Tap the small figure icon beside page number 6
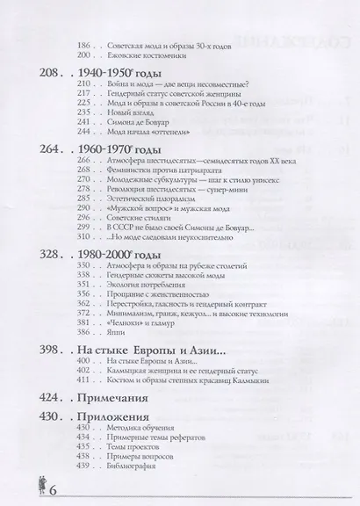13,486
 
